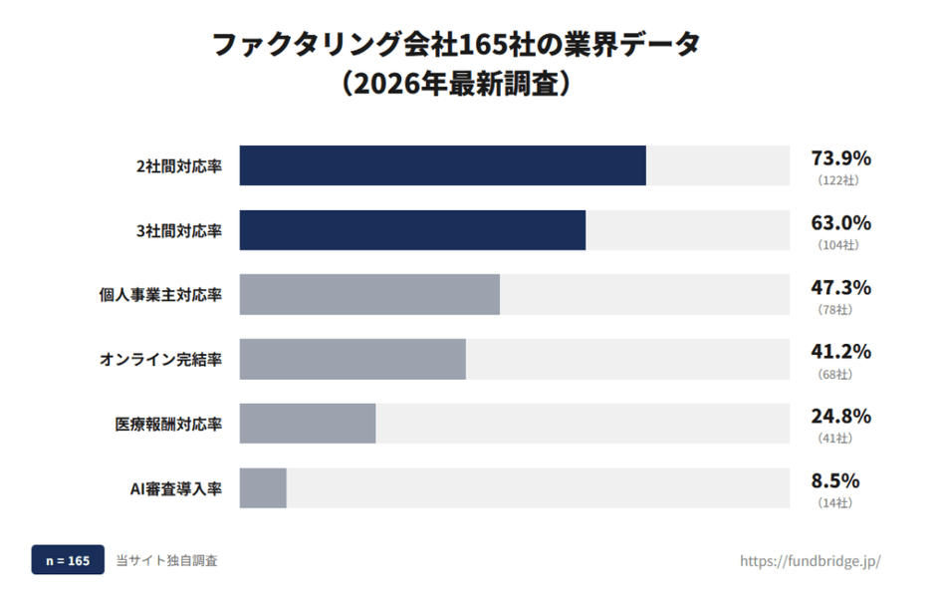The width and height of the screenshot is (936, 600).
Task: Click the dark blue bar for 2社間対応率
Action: pos(442,165)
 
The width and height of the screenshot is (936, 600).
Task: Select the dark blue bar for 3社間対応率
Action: pos(412,230)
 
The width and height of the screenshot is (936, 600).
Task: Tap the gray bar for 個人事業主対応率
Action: pos(369,294)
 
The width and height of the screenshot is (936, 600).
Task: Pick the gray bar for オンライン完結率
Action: pos(352,359)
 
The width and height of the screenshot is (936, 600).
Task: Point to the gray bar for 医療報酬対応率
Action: pos(308,424)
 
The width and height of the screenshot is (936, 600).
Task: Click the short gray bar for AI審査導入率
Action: pos(263,488)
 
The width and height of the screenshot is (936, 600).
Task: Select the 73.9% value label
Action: pos(841,157)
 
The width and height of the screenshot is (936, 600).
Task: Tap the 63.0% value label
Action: pos(841,222)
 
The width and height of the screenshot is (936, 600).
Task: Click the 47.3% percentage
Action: pos(841,287)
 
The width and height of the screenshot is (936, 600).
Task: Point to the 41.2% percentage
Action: pos(841,352)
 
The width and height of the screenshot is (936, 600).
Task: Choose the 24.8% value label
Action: pos(841,416)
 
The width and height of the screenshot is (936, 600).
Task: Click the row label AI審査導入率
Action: pos(176,488)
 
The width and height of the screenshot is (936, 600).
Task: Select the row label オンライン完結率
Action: pos(160,359)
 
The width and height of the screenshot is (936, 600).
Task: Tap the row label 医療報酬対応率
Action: pos(168,424)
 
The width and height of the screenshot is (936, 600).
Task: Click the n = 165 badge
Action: pos(68,561)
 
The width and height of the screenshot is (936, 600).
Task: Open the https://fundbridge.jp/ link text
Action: pos(810,561)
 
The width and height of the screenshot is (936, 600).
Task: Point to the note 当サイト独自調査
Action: pos(166,561)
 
